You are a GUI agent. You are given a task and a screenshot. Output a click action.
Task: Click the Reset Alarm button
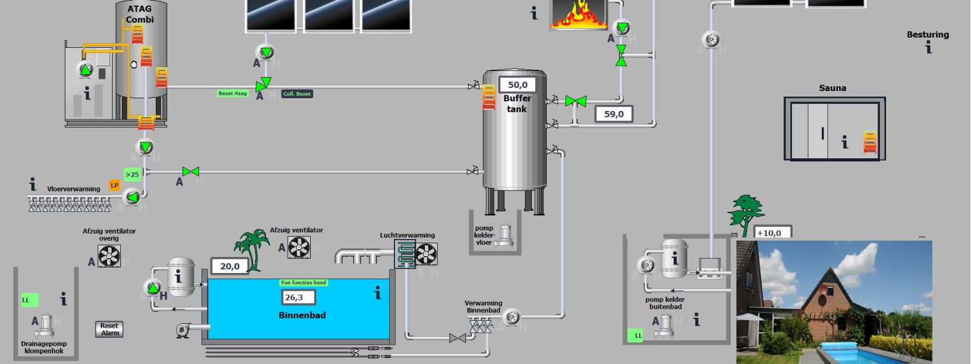coord(109,329)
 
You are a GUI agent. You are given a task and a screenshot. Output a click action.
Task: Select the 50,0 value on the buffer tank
coord(518,85)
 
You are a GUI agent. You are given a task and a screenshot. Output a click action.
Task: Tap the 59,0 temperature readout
coord(614,114)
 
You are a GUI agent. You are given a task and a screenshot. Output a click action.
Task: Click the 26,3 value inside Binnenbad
coord(298,297)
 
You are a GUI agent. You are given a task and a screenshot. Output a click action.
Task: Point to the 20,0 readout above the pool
coord(230,266)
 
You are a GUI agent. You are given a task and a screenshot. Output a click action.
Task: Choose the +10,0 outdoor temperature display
coord(772,233)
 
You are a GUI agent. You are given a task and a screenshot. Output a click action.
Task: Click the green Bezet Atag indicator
coord(233,93)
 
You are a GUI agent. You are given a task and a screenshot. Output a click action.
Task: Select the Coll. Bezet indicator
coord(297,94)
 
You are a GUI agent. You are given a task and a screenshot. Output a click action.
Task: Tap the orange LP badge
coord(115,185)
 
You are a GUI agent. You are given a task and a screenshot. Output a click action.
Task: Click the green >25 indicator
coord(132,175)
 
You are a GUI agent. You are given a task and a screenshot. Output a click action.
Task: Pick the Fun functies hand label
coord(303,283)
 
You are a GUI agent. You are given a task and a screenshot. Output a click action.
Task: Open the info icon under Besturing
coord(929,47)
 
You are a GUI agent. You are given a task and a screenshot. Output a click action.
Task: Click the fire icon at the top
coord(578,15)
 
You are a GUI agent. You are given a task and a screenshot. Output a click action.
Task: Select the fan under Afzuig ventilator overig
coord(109,256)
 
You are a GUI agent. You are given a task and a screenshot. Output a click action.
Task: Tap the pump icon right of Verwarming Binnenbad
coord(512,317)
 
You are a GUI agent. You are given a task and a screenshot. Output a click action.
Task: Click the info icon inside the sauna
coord(844,142)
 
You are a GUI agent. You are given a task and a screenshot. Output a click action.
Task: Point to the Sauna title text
coord(832,88)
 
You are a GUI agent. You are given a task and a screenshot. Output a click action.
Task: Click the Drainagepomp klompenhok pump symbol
coord(44,325)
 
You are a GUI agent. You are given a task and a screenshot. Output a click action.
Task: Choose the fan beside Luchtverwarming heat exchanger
coord(427,254)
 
